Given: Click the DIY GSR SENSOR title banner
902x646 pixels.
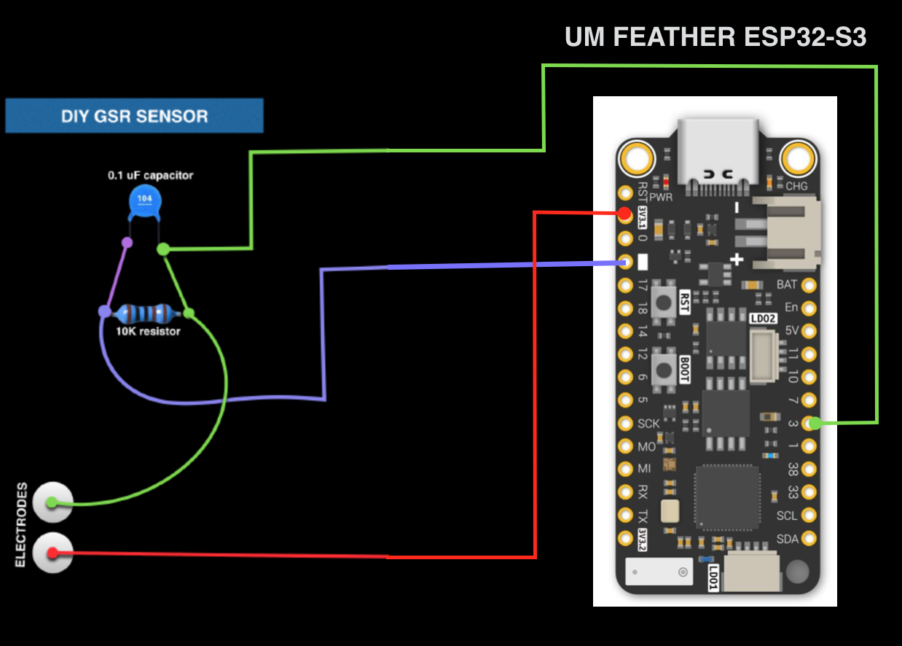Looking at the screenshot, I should [134, 116].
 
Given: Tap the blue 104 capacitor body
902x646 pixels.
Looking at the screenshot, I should [144, 202].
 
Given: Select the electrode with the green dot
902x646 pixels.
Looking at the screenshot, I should [52, 502].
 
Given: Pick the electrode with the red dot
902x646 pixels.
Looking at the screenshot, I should [52, 553].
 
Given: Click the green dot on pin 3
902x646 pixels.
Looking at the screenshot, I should [815, 422].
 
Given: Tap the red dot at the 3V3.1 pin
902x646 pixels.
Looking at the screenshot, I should [624, 214].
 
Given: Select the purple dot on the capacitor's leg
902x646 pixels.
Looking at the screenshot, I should [127, 242].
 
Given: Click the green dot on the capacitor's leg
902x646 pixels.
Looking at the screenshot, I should [164, 249].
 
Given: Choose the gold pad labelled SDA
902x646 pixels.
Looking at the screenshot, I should [809, 539].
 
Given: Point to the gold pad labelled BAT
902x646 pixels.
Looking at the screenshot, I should [809, 284].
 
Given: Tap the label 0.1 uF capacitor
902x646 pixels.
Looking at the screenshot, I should [151, 176].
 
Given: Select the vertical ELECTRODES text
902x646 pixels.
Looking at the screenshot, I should [22, 524].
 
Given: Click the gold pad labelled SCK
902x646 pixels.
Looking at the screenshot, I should [625, 423].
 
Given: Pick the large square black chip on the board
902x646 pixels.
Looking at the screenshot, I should [726, 498].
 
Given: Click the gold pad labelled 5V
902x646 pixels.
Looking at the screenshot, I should [809, 330].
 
